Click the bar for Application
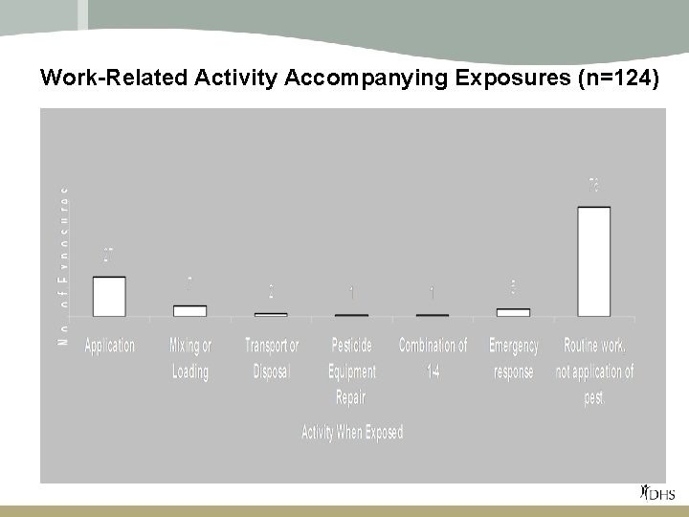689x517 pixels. coord(109,297)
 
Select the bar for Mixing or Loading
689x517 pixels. coord(189,310)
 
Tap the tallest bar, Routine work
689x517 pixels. coord(594,261)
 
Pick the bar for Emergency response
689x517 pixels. coord(513,312)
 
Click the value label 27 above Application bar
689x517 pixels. coord(109,257)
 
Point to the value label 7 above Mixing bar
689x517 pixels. coord(189,284)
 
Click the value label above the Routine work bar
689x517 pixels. coord(594,185)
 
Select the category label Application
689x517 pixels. coord(109,345)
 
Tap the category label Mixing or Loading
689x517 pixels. coord(189,358)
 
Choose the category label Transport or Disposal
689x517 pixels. coord(271,358)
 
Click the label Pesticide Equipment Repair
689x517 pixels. coord(351,371)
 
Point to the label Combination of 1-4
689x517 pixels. coord(433,358)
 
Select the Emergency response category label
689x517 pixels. coord(513,358)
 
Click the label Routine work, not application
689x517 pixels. coord(594,371)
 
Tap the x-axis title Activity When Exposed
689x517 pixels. coord(352,432)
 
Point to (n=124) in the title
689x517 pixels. coord(619,79)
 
